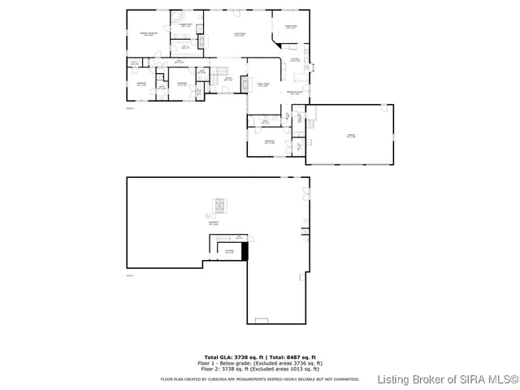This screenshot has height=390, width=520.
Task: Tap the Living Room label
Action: (x=240, y=33)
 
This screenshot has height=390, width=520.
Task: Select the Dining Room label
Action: (x=290, y=28)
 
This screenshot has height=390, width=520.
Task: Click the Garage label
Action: (x=349, y=136)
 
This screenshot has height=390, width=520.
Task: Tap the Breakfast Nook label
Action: (x=296, y=92)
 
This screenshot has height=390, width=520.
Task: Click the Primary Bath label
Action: (x=186, y=27)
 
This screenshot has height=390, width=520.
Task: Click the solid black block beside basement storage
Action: (x=245, y=251)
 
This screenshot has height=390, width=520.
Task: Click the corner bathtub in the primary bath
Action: (x=175, y=16)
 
